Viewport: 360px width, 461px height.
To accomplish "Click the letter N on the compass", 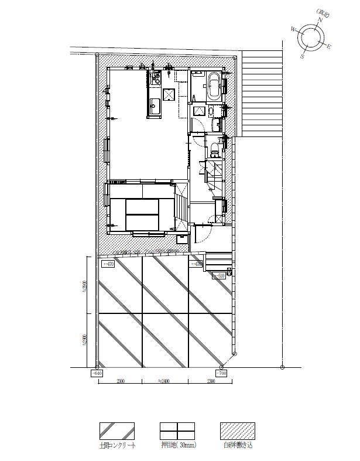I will coord(320,20).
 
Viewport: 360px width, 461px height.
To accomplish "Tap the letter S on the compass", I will coord(303,56).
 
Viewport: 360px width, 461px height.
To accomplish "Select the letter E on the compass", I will coord(329,47).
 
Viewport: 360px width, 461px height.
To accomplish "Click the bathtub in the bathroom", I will coord(214,85).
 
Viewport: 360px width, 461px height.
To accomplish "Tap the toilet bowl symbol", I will coord(215,148).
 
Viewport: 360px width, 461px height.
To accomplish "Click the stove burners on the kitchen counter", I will coord(155,78).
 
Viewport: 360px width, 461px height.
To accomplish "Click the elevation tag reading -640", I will coord(97,373).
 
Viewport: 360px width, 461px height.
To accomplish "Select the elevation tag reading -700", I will coord(221,373).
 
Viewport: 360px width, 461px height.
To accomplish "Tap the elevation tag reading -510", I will coord(218,275).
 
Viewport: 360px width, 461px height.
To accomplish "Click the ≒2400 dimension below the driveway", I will coord(164,381).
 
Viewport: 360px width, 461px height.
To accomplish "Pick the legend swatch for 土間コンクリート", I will coord(116,431).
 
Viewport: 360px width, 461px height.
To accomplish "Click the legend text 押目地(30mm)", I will coord(178,446).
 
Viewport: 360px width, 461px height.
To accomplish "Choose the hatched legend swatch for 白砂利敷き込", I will coord(237,431).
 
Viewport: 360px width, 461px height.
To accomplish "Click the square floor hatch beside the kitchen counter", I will coord(169,94).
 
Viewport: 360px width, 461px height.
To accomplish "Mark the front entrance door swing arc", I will coord(202,233).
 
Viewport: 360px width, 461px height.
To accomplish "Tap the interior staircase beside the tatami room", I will coord(181,205).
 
